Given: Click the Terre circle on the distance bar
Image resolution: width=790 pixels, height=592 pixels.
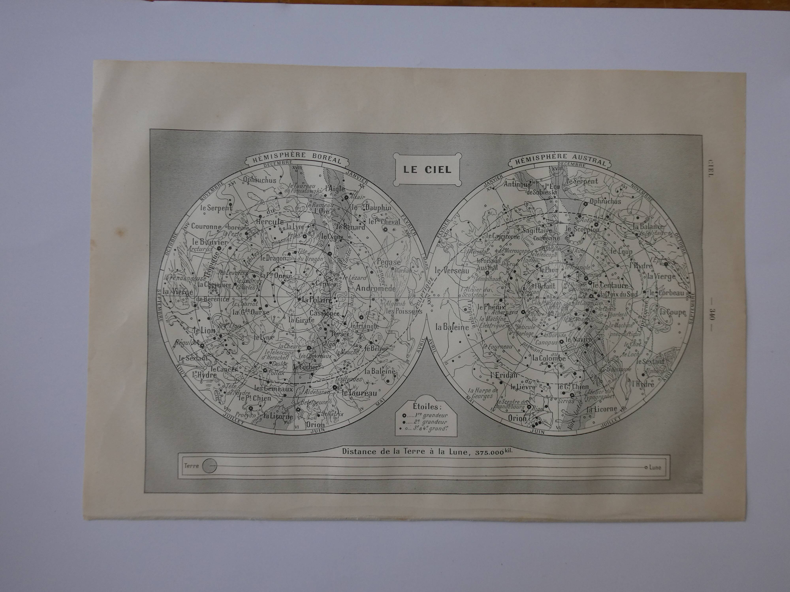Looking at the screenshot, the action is (210, 466).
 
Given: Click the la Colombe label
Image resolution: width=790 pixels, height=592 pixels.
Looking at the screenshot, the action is (549, 358).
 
